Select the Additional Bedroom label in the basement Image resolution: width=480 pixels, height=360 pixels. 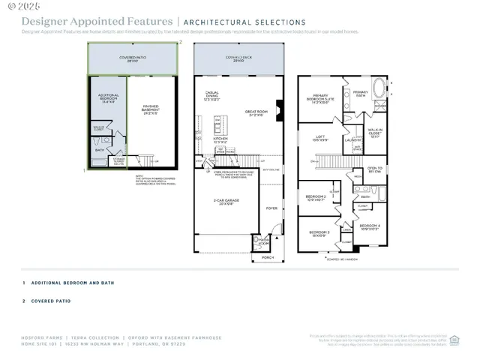tap(107, 98)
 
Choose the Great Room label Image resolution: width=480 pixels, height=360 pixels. tap(256, 112)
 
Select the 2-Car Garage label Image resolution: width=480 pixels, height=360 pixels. tap(226, 202)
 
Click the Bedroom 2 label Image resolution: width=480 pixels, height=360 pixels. tap(315, 199)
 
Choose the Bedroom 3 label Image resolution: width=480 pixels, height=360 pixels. tap(319, 234)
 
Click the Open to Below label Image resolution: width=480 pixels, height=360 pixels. tap(374, 170)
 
